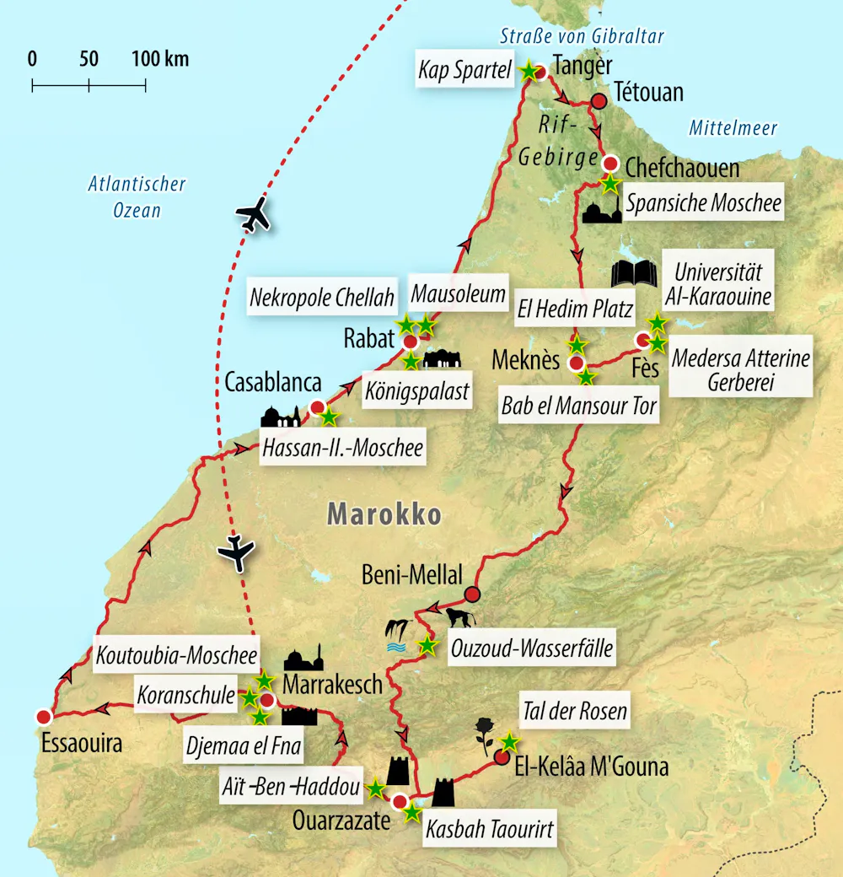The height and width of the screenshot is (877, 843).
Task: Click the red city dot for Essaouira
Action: click(43, 717)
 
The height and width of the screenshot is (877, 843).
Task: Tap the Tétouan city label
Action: click(649, 92)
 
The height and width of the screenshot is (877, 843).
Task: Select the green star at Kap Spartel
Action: click(529, 72)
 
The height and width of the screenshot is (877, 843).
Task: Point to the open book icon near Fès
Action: click(633, 274)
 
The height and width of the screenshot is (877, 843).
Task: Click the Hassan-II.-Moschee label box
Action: click(342, 448)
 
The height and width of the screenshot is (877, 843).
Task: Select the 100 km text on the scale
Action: click(160, 59)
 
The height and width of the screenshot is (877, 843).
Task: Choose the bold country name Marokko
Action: click(384, 514)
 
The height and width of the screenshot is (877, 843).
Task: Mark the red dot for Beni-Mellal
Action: click(472, 594)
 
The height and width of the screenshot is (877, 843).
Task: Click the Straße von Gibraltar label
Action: click(583, 35)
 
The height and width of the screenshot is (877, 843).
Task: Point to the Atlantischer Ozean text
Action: click(137, 196)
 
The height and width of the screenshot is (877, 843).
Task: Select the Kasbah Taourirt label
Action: click(490, 830)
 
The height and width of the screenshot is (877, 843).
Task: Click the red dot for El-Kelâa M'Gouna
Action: click(502, 757)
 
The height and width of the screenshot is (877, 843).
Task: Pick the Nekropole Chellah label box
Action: click(322, 298)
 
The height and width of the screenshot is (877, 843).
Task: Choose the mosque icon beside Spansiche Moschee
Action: click(601, 212)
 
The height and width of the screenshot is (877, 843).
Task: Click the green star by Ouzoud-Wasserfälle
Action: click(427, 646)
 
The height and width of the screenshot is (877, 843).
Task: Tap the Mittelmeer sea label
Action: click(733, 128)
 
